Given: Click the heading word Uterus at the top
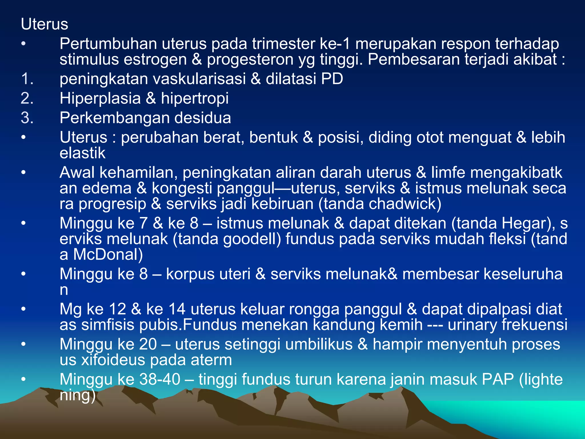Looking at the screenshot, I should click(45, 24).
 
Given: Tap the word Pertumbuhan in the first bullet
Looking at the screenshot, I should click(108, 44).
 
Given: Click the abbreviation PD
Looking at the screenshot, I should click(332, 79).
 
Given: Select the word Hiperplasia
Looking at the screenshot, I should click(100, 98).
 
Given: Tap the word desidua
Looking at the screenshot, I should click(203, 118).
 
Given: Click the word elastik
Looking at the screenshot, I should click(83, 153).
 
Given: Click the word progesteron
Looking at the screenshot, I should click(250, 59).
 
